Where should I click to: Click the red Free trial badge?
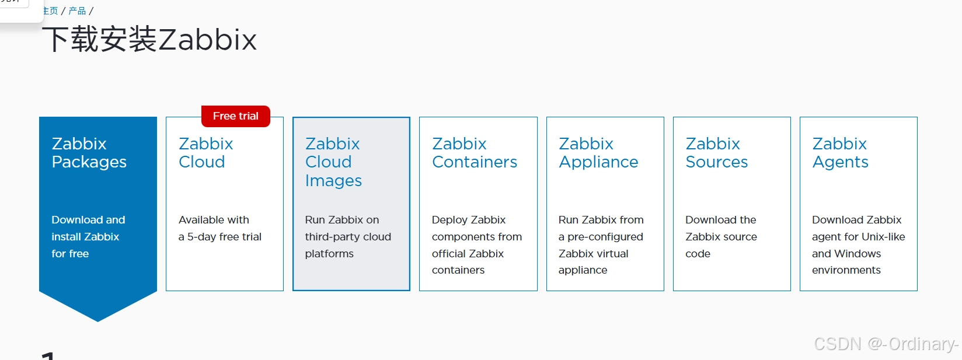pyautogui.click(x=235, y=116)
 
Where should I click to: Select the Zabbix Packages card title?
pyautogui.click(x=89, y=153)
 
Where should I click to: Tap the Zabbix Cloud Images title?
pyautogui.click(x=333, y=162)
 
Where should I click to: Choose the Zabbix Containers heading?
pyautogui.click(x=474, y=153)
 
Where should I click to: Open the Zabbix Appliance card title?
pyautogui.click(x=598, y=153)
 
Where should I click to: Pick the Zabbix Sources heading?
pyautogui.click(x=716, y=153)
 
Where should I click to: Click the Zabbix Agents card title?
pyautogui.click(x=840, y=153)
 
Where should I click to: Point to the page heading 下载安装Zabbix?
pyautogui.click(x=150, y=40)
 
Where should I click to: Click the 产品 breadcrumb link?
pyautogui.click(x=77, y=11)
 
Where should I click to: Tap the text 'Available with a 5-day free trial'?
pyautogui.click(x=219, y=228)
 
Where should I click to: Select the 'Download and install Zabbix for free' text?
pyautogui.click(x=88, y=236)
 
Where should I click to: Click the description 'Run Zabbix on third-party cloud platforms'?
pyautogui.click(x=347, y=236)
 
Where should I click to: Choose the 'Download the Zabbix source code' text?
pyautogui.click(x=721, y=236)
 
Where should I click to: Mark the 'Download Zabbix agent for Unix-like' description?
pyautogui.click(x=858, y=228)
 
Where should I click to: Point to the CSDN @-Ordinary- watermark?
pyautogui.click(x=886, y=344)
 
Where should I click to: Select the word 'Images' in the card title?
pyautogui.click(x=333, y=181)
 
